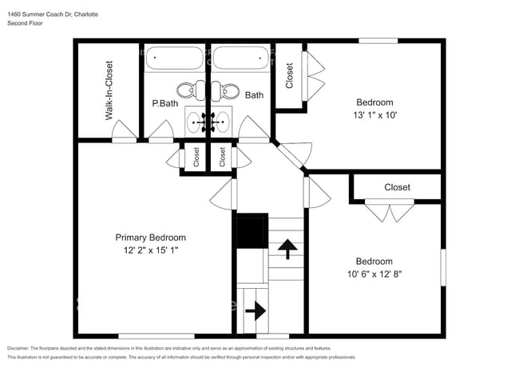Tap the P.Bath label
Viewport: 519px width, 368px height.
click(x=164, y=103)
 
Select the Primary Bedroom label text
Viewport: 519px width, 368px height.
click(x=150, y=238)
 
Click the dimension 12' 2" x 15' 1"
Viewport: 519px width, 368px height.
click(x=150, y=250)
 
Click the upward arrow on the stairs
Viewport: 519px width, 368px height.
click(x=283, y=250)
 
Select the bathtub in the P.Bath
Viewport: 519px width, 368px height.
click(x=176, y=58)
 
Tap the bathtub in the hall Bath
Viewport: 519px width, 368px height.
click(x=240, y=58)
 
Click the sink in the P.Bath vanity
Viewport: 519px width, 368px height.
click(x=195, y=122)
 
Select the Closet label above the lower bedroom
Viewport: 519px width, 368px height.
click(x=397, y=187)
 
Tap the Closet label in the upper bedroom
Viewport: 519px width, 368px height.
click(x=289, y=75)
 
